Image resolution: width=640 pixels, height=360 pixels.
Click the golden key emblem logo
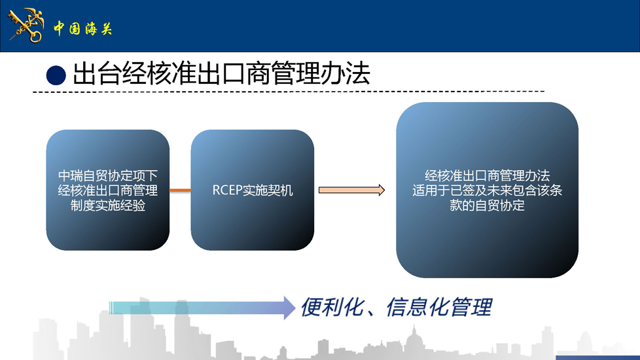click(x=26, y=26)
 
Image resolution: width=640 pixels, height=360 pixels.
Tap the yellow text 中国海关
click(x=82, y=29)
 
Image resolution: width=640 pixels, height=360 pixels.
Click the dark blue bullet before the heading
click(x=56, y=75)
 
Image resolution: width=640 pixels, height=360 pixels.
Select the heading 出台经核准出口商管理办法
click(x=221, y=74)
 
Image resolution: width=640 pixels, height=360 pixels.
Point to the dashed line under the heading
click(x=288, y=92)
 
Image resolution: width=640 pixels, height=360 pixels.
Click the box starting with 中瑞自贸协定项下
click(x=108, y=190)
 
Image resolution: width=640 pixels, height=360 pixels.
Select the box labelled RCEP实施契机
click(x=252, y=190)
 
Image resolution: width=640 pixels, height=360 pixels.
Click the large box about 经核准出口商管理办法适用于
click(x=487, y=190)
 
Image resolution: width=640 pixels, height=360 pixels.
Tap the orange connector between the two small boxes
click(x=180, y=190)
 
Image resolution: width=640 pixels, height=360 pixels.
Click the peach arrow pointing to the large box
click(x=351, y=190)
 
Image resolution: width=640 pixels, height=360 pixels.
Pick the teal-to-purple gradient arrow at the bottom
click(x=202, y=308)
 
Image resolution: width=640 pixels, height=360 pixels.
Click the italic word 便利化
click(x=332, y=308)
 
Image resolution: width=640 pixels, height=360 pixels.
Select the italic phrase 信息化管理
click(x=439, y=308)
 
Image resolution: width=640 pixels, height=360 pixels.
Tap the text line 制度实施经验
click(x=108, y=206)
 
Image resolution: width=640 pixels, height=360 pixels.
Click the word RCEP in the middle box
click(x=227, y=190)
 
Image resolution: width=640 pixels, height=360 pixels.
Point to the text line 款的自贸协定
click(x=487, y=206)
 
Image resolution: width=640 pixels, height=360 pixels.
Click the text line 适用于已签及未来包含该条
click(x=487, y=190)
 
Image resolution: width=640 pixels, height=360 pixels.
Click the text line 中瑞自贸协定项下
click(x=108, y=176)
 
